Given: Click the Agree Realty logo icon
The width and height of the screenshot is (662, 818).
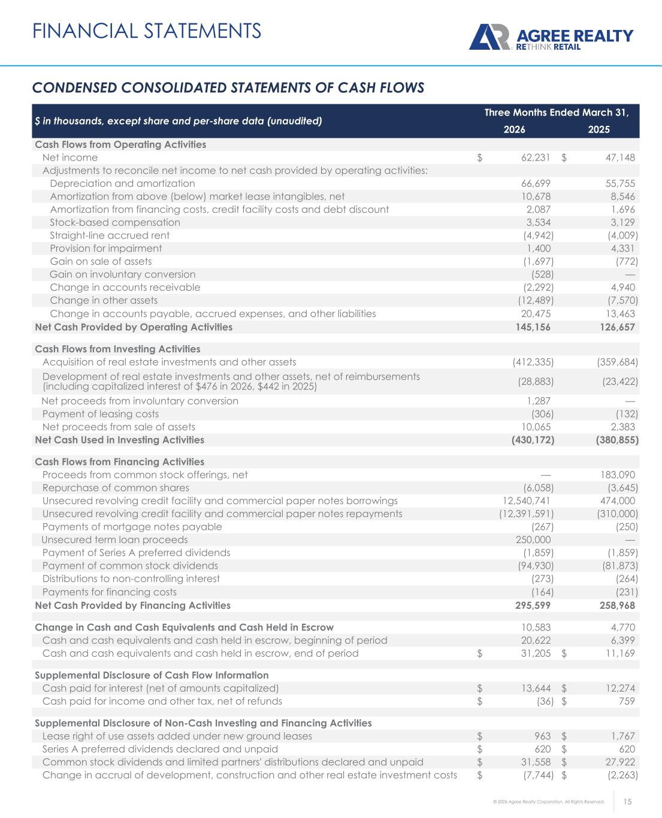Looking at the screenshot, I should click(x=489, y=37).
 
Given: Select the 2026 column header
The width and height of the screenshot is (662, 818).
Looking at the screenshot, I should click(x=515, y=129).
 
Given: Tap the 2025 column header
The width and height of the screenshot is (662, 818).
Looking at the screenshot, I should click(x=599, y=129).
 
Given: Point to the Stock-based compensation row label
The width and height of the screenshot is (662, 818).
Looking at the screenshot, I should click(x=114, y=222).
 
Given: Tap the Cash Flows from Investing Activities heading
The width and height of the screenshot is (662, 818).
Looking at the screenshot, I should click(x=117, y=349).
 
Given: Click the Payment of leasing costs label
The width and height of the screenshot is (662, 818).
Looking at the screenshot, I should click(x=101, y=413).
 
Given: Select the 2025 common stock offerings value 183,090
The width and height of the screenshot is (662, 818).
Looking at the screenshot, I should click(x=615, y=475).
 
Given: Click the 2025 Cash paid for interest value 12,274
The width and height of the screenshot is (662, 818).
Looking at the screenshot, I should click(x=619, y=688).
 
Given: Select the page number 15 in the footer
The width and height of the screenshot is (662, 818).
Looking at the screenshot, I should click(x=628, y=802).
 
